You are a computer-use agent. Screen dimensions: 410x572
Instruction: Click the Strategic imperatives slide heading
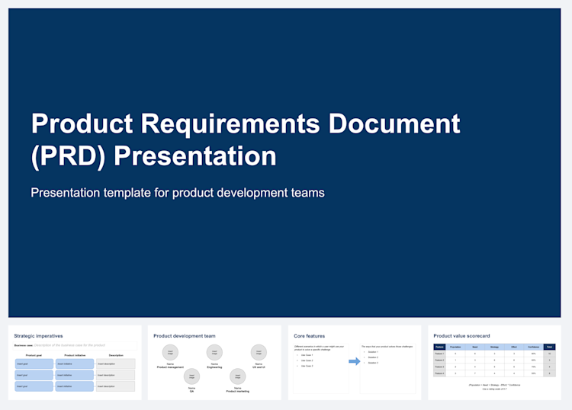(38, 335)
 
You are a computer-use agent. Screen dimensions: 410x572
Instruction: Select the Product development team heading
(184, 335)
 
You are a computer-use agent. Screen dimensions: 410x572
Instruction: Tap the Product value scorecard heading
(461, 335)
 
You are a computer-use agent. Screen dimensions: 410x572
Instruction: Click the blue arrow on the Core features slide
(354, 360)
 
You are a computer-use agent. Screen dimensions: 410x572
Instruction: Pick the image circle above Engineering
(214, 352)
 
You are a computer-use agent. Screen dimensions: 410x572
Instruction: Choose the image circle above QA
(192, 376)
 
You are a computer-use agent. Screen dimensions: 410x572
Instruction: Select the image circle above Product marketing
(237, 376)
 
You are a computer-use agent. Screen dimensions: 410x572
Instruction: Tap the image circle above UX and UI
(259, 352)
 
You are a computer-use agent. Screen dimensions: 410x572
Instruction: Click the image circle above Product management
(170, 352)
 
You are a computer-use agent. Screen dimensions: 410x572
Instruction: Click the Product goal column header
(34, 355)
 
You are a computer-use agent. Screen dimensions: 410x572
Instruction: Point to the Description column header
(116, 355)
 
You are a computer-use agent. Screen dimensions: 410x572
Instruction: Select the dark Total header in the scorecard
(548, 347)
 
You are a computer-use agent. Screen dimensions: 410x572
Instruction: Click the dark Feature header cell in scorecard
(439, 347)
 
